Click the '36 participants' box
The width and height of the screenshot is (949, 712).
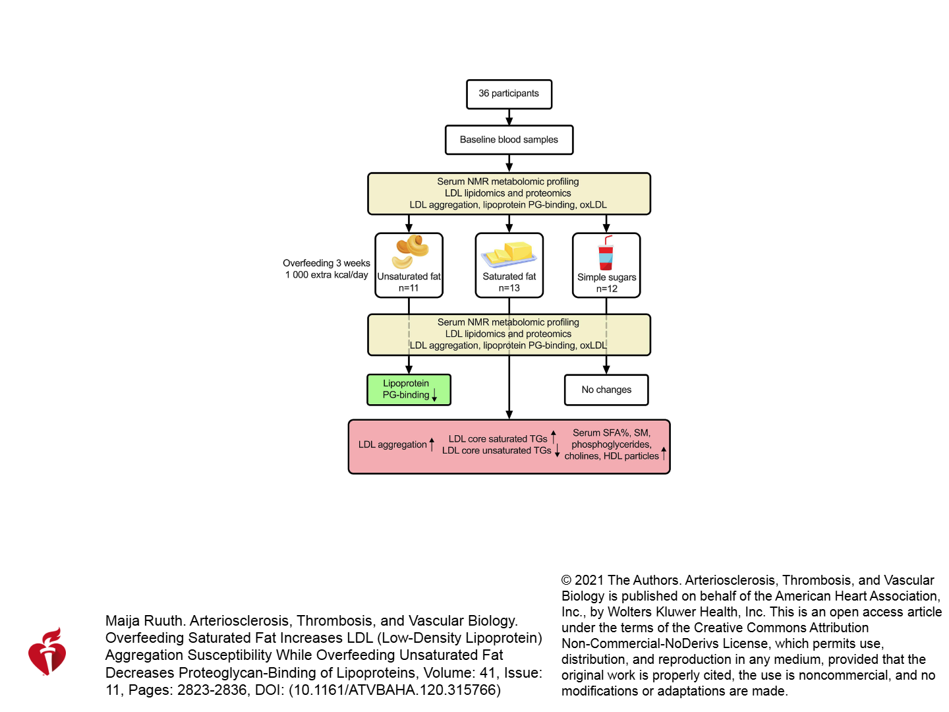509,94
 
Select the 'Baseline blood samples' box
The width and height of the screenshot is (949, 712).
509,140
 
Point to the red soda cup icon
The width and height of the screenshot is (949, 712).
606,253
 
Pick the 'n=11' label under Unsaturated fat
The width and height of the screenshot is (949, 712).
409,288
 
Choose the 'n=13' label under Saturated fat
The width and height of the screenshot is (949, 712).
509,288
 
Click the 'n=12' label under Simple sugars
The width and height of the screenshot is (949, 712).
606,289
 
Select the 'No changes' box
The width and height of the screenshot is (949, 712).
606,390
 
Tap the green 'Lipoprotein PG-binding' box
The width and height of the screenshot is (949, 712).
409,390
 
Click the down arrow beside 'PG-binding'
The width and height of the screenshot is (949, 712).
434,394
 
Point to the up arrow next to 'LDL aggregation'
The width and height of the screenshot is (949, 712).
432,444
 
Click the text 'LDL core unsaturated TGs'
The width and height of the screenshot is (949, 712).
496,450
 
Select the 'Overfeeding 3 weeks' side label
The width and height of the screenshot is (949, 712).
326,263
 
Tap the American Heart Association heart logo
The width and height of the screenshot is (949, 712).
47,651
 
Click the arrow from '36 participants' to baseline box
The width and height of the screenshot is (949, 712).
509,117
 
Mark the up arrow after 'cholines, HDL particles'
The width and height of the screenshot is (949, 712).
664,454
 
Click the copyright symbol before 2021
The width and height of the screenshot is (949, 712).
566,580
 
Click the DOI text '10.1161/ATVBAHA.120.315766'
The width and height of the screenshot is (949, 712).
394,690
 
